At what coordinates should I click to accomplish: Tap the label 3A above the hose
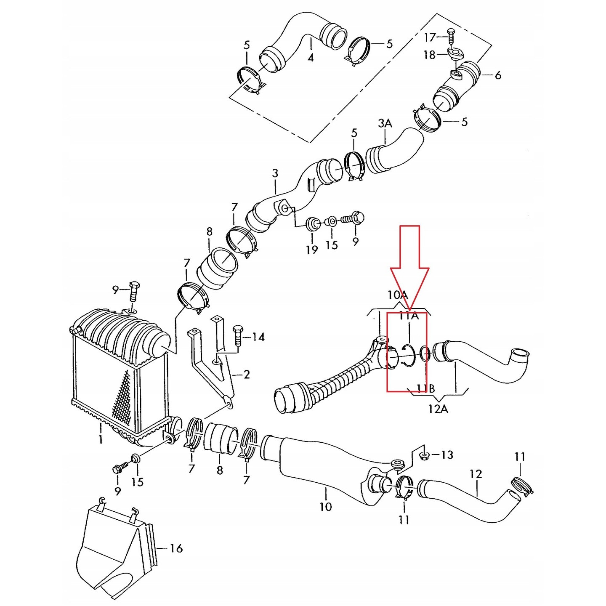click(385, 123)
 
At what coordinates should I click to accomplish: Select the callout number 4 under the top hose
click(311, 58)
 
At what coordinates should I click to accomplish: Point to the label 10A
click(398, 295)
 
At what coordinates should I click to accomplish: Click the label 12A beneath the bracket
click(438, 409)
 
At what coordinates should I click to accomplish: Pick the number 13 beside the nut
click(447, 455)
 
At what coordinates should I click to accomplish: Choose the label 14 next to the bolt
click(258, 337)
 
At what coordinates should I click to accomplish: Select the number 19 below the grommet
click(312, 250)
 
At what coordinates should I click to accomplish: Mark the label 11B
click(426, 389)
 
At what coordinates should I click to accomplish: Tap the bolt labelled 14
click(237, 335)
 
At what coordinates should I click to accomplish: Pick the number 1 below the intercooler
click(100, 439)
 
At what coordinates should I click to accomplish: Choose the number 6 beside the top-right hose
click(498, 75)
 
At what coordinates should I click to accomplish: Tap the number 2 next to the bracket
click(246, 374)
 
